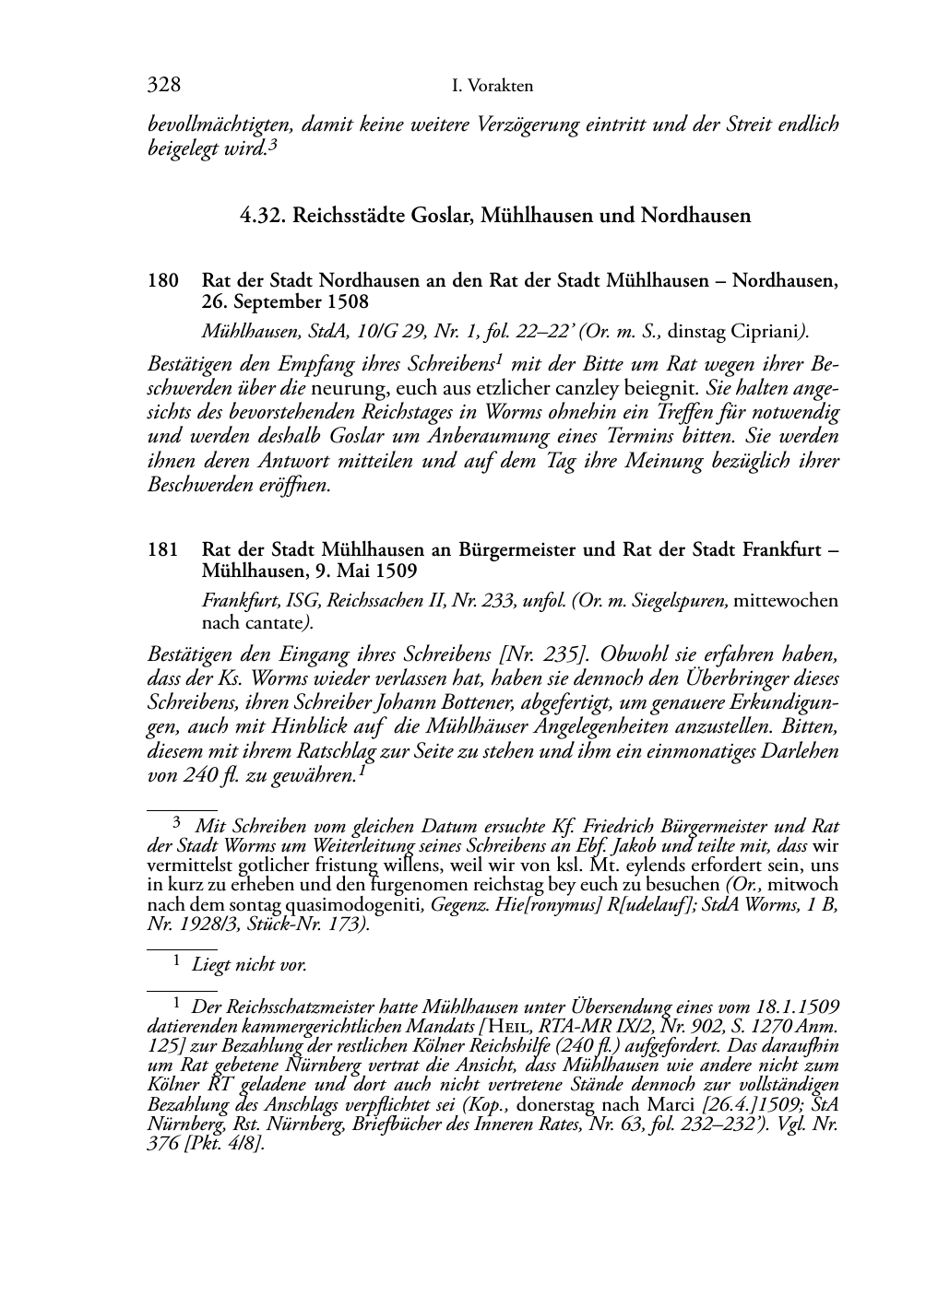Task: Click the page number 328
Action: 163,86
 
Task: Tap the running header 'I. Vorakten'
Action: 493,87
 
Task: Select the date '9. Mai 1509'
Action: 363,571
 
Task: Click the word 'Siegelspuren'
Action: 682,601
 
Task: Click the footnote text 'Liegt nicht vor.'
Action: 249,965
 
